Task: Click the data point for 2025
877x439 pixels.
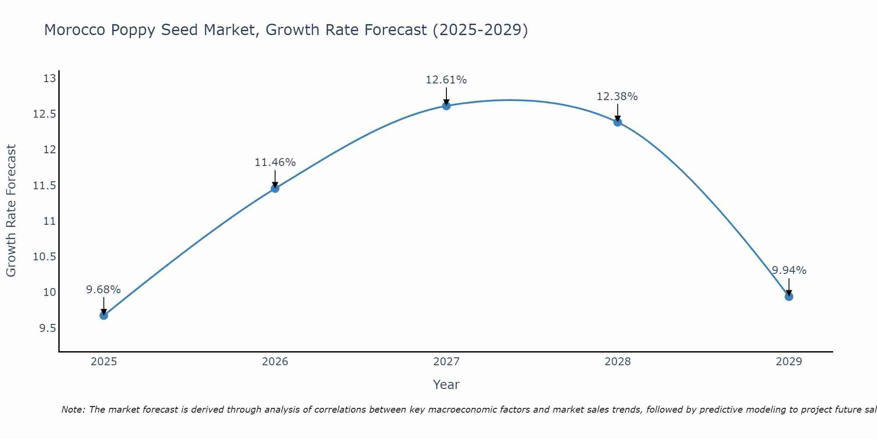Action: [x=104, y=315]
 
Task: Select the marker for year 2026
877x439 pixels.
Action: [x=275, y=188]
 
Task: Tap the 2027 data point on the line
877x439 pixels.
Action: [x=446, y=106]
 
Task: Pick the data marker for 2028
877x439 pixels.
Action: [x=617, y=122]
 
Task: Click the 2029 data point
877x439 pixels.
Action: [x=789, y=297]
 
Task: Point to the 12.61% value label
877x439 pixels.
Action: [x=446, y=80]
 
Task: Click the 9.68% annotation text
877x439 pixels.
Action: [x=103, y=290]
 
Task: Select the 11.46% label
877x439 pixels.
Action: [x=275, y=162]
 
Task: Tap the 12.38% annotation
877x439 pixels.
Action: [x=617, y=97]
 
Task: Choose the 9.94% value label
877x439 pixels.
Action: [x=789, y=270]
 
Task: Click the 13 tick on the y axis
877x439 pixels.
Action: [x=50, y=79]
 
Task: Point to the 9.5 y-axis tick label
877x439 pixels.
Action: [x=48, y=328]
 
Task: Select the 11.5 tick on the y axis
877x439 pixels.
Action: [x=45, y=186]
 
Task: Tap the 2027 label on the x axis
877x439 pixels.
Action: [x=446, y=362]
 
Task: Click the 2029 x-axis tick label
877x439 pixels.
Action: [x=789, y=362]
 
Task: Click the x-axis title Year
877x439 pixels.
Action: [x=446, y=385]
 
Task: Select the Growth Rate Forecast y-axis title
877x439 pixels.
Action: [x=11, y=211]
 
